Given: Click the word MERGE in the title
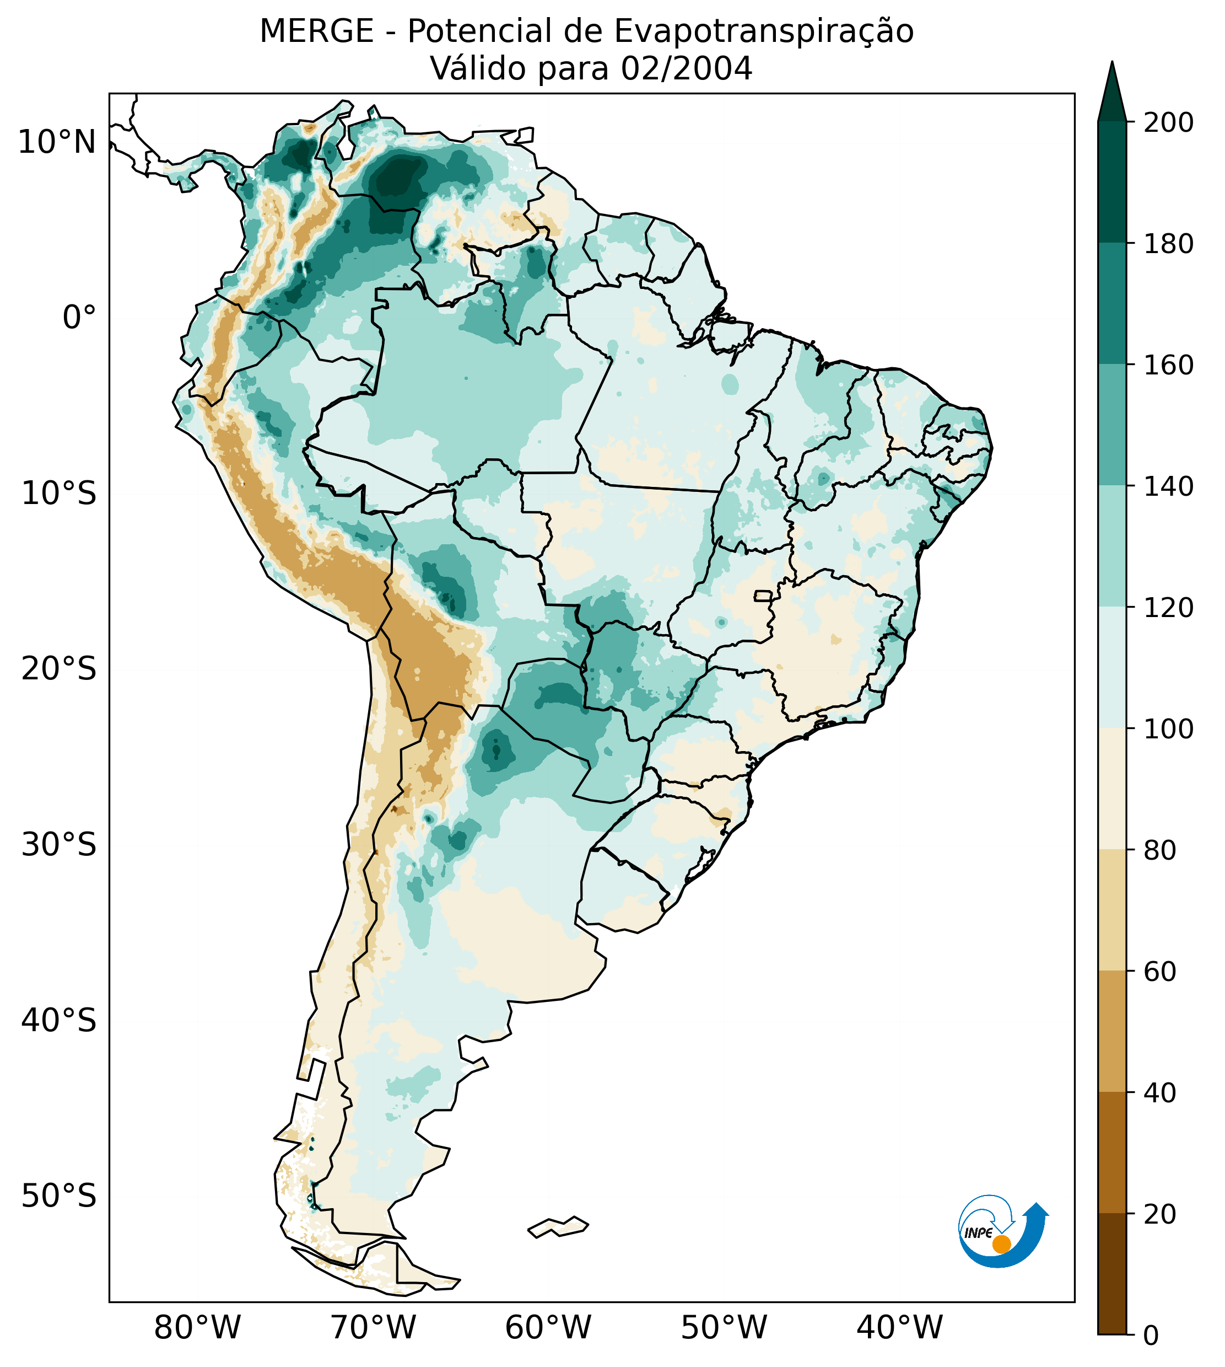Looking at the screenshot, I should [316, 31].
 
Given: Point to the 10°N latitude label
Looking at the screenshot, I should [57, 142].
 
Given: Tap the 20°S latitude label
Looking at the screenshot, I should [59, 669].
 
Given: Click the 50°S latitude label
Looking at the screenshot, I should [59, 1197].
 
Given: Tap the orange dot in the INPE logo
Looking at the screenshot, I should [1001, 1244].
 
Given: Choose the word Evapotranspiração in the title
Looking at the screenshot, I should [764, 31].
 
